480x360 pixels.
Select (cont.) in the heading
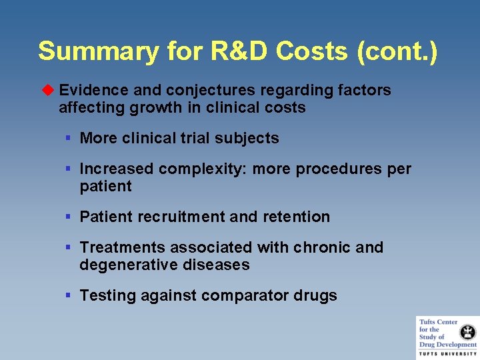(x=397, y=51)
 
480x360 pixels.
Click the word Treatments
(x=123, y=247)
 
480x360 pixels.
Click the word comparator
(x=250, y=295)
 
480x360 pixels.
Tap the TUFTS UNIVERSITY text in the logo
(x=448, y=353)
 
